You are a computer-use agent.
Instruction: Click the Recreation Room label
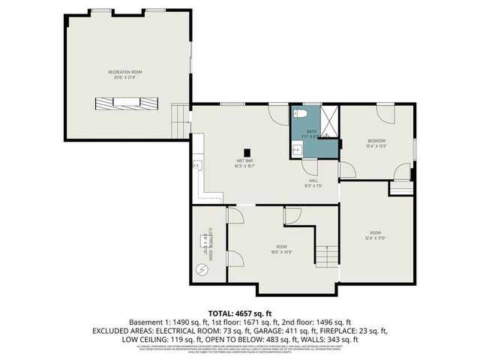[125, 72]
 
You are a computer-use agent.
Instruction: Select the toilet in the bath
[301, 115]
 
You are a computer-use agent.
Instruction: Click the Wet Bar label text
[246, 161]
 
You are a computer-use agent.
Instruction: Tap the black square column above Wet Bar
[246, 153]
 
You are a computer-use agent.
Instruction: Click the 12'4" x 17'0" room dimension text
[375, 237]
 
